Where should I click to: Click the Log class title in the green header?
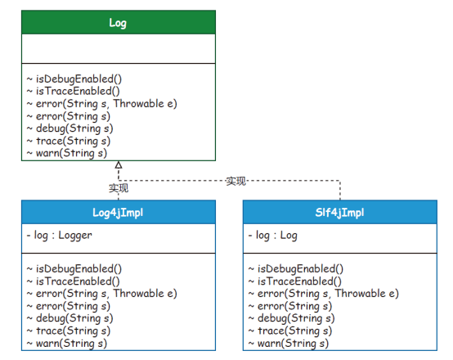click(x=118, y=23)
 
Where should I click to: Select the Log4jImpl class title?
click(x=118, y=213)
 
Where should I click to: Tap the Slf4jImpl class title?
click(x=339, y=213)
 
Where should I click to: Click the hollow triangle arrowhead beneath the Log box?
click(x=119, y=165)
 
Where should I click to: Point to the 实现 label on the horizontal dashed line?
click(x=235, y=182)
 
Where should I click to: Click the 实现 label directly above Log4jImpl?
click(x=119, y=188)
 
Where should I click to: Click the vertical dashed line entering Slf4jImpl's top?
click(x=340, y=191)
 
